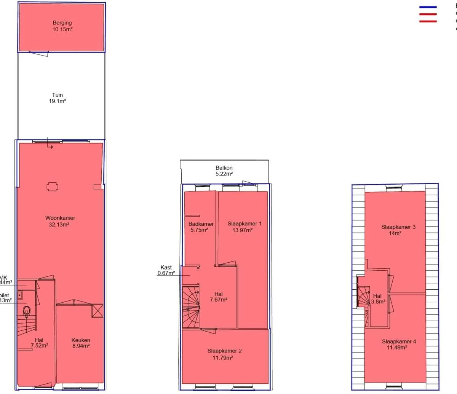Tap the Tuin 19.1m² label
point(58,98)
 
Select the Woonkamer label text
point(60,218)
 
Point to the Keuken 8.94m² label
point(81,343)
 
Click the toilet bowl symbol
point(27,311)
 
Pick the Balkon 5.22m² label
point(224,171)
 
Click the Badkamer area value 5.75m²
point(199,230)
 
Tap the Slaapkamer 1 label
point(244,224)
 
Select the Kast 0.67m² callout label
point(166,270)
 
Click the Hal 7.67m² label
point(219,297)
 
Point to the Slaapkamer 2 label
point(224,351)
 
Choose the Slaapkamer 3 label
point(398,227)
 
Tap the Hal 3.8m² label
point(378,299)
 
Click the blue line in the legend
point(428,7)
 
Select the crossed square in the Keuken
point(97,311)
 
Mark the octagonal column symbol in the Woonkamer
point(53,187)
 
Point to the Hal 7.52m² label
point(39,343)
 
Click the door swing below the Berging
point(39,54)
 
